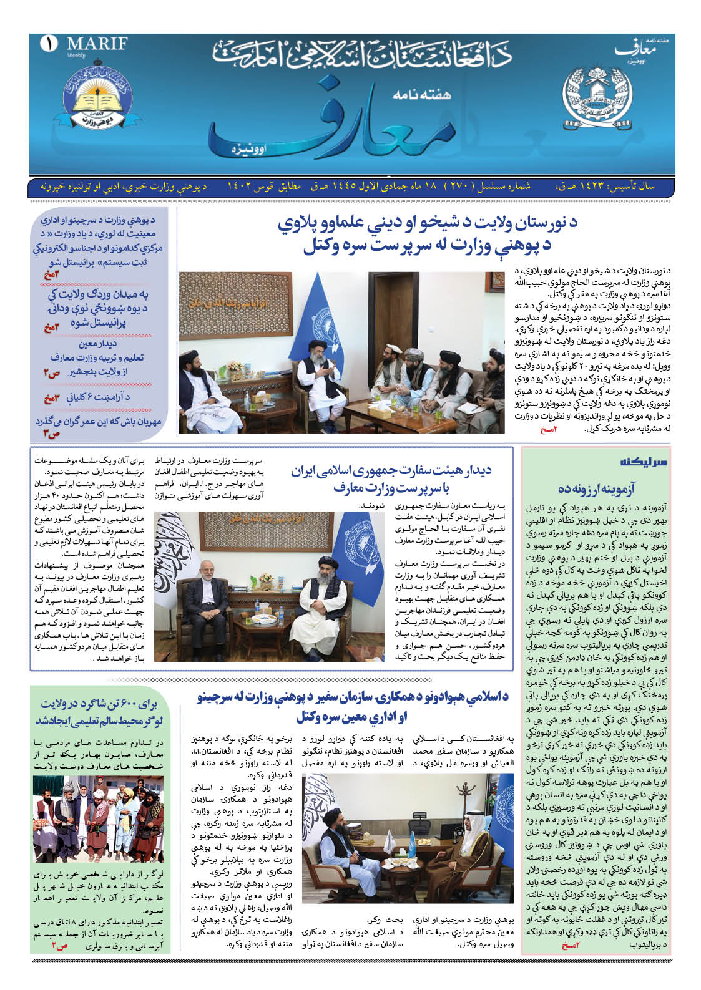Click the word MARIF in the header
pos(97,44)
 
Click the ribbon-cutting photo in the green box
pos(97,818)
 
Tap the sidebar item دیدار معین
pos(98,343)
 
